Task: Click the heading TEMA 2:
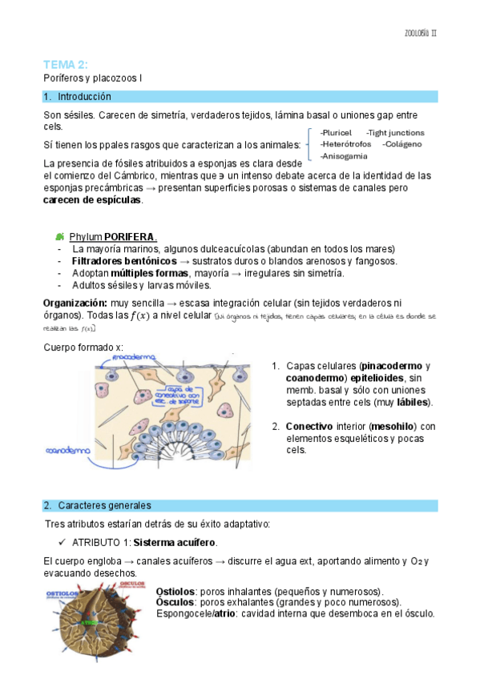click(x=66, y=64)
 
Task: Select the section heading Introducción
click(x=84, y=97)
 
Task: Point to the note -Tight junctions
click(x=395, y=132)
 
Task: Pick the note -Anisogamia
click(x=344, y=155)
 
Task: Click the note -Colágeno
click(x=402, y=144)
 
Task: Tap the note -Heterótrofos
click(x=345, y=144)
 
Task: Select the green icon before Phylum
click(x=60, y=237)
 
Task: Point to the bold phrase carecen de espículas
click(x=92, y=199)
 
